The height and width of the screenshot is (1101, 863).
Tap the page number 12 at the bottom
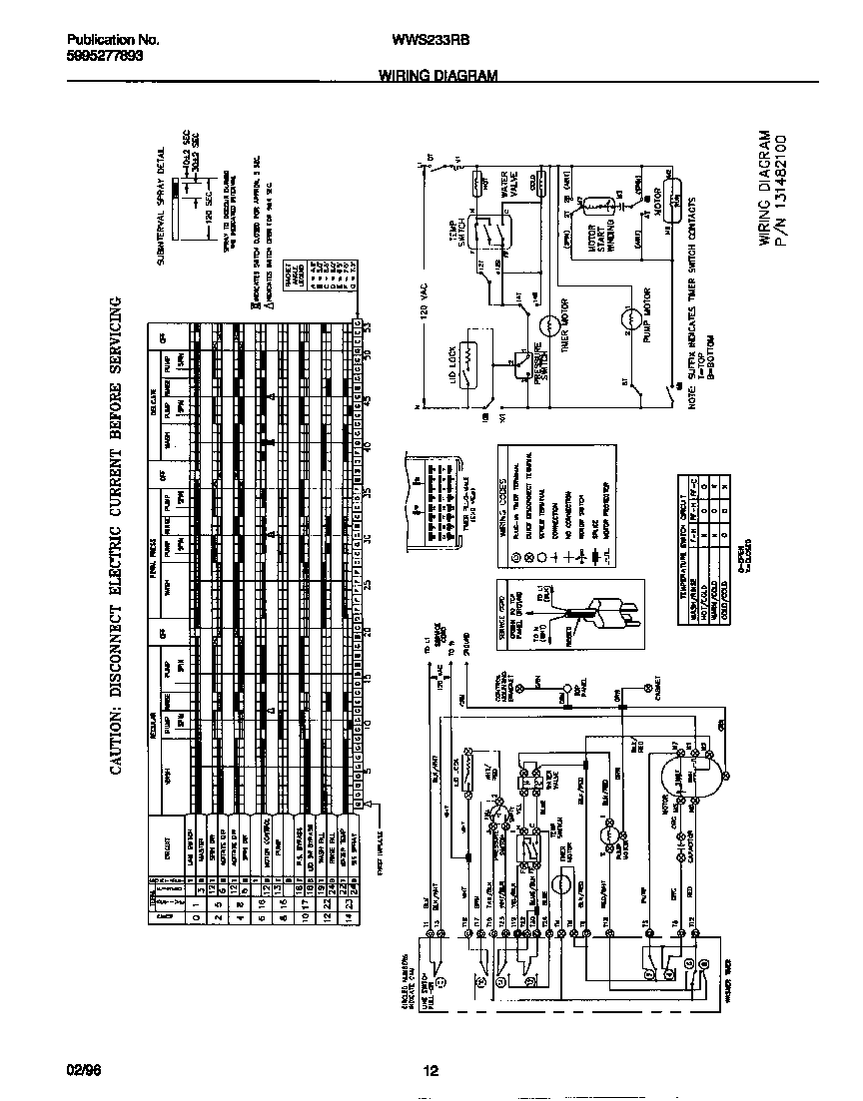pyautogui.click(x=431, y=1072)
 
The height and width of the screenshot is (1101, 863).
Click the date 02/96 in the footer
pyautogui.click(x=83, y=1072)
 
